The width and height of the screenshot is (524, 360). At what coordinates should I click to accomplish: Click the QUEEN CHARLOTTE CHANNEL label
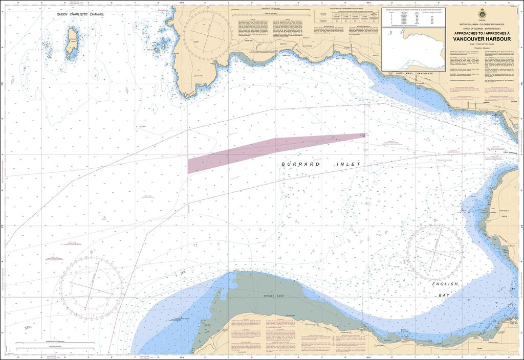coord(80,14)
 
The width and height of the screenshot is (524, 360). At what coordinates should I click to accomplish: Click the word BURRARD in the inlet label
coord(301,164)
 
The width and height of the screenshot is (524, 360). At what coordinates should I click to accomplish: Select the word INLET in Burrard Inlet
coord(348,164)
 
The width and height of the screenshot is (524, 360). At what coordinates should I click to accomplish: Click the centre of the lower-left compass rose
coord(91,284)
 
